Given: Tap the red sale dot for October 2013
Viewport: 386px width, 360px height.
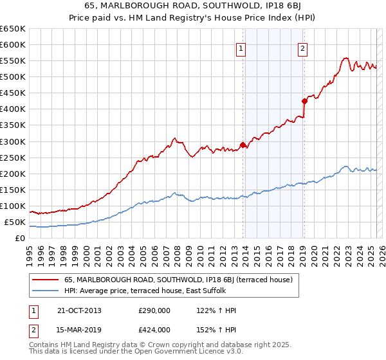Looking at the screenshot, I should click(243, 145).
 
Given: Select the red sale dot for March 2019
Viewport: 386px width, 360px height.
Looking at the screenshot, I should click(304, 101).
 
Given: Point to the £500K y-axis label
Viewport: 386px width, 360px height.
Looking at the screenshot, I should click(12, 77).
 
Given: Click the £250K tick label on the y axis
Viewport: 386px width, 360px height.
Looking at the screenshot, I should click(12, 157).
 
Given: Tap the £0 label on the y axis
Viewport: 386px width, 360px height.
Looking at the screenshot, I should click(20, 239).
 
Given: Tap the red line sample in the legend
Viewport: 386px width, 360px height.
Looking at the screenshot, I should click(46, 280).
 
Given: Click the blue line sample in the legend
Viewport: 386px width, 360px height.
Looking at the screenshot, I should click(46, 291).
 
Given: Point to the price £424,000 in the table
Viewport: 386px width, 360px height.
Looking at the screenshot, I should click(155, 330).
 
